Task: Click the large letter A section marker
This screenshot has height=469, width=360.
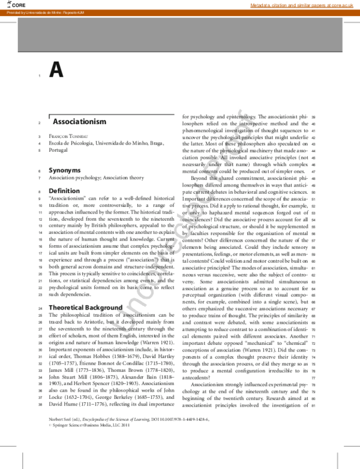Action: click(56, 71)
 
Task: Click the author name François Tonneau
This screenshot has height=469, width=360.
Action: click(70, 137)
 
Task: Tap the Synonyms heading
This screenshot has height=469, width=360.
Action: click(65, 170)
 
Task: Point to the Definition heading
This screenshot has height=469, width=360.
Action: click(64, 190)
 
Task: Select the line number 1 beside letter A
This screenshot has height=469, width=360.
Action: click(38, 76)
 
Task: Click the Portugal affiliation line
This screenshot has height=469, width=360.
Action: click(59, 151)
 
